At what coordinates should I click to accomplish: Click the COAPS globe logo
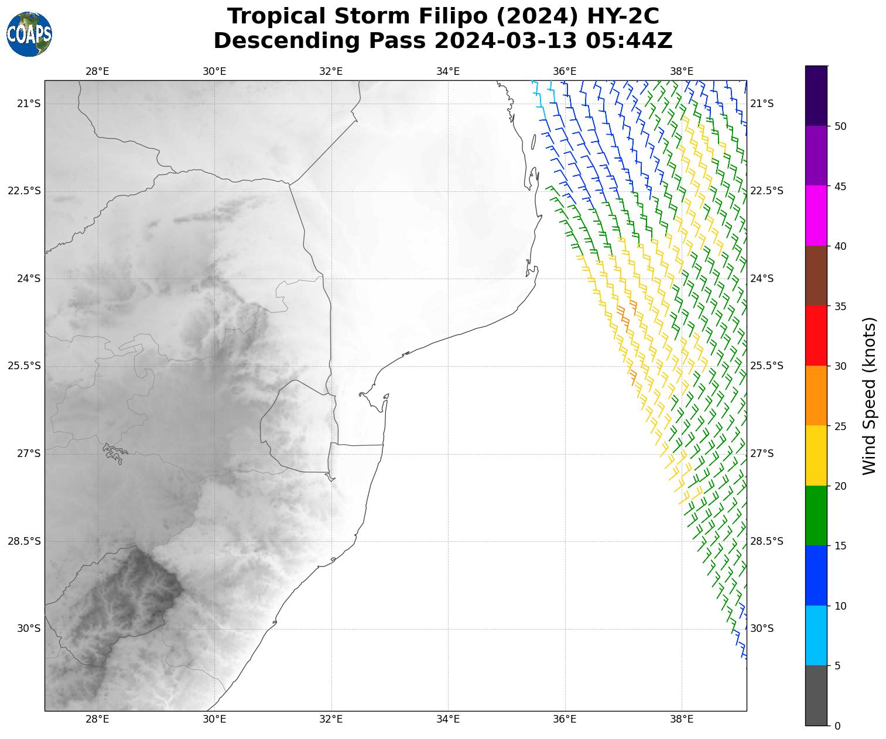pos(29,35)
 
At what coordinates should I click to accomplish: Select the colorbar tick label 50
pos(840,126)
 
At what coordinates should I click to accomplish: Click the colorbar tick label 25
pos(840,427)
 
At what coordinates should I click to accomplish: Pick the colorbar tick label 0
pos(837,726)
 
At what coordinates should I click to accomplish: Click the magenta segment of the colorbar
pos(816,216)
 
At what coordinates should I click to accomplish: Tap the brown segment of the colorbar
pos(816,276)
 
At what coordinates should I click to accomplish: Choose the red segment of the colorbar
pos(816,336)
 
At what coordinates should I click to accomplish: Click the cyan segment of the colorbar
pos(816,635)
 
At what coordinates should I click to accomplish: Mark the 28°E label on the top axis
pos(97,71)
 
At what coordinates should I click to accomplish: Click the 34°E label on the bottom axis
pos(448,719)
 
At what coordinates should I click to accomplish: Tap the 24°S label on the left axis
pos(29,279)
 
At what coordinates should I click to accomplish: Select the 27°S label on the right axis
pos(762,453)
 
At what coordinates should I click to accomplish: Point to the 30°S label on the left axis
pos(29,628)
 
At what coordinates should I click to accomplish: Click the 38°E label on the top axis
pos(682,71)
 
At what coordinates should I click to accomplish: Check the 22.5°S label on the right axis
pos(767,191)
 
